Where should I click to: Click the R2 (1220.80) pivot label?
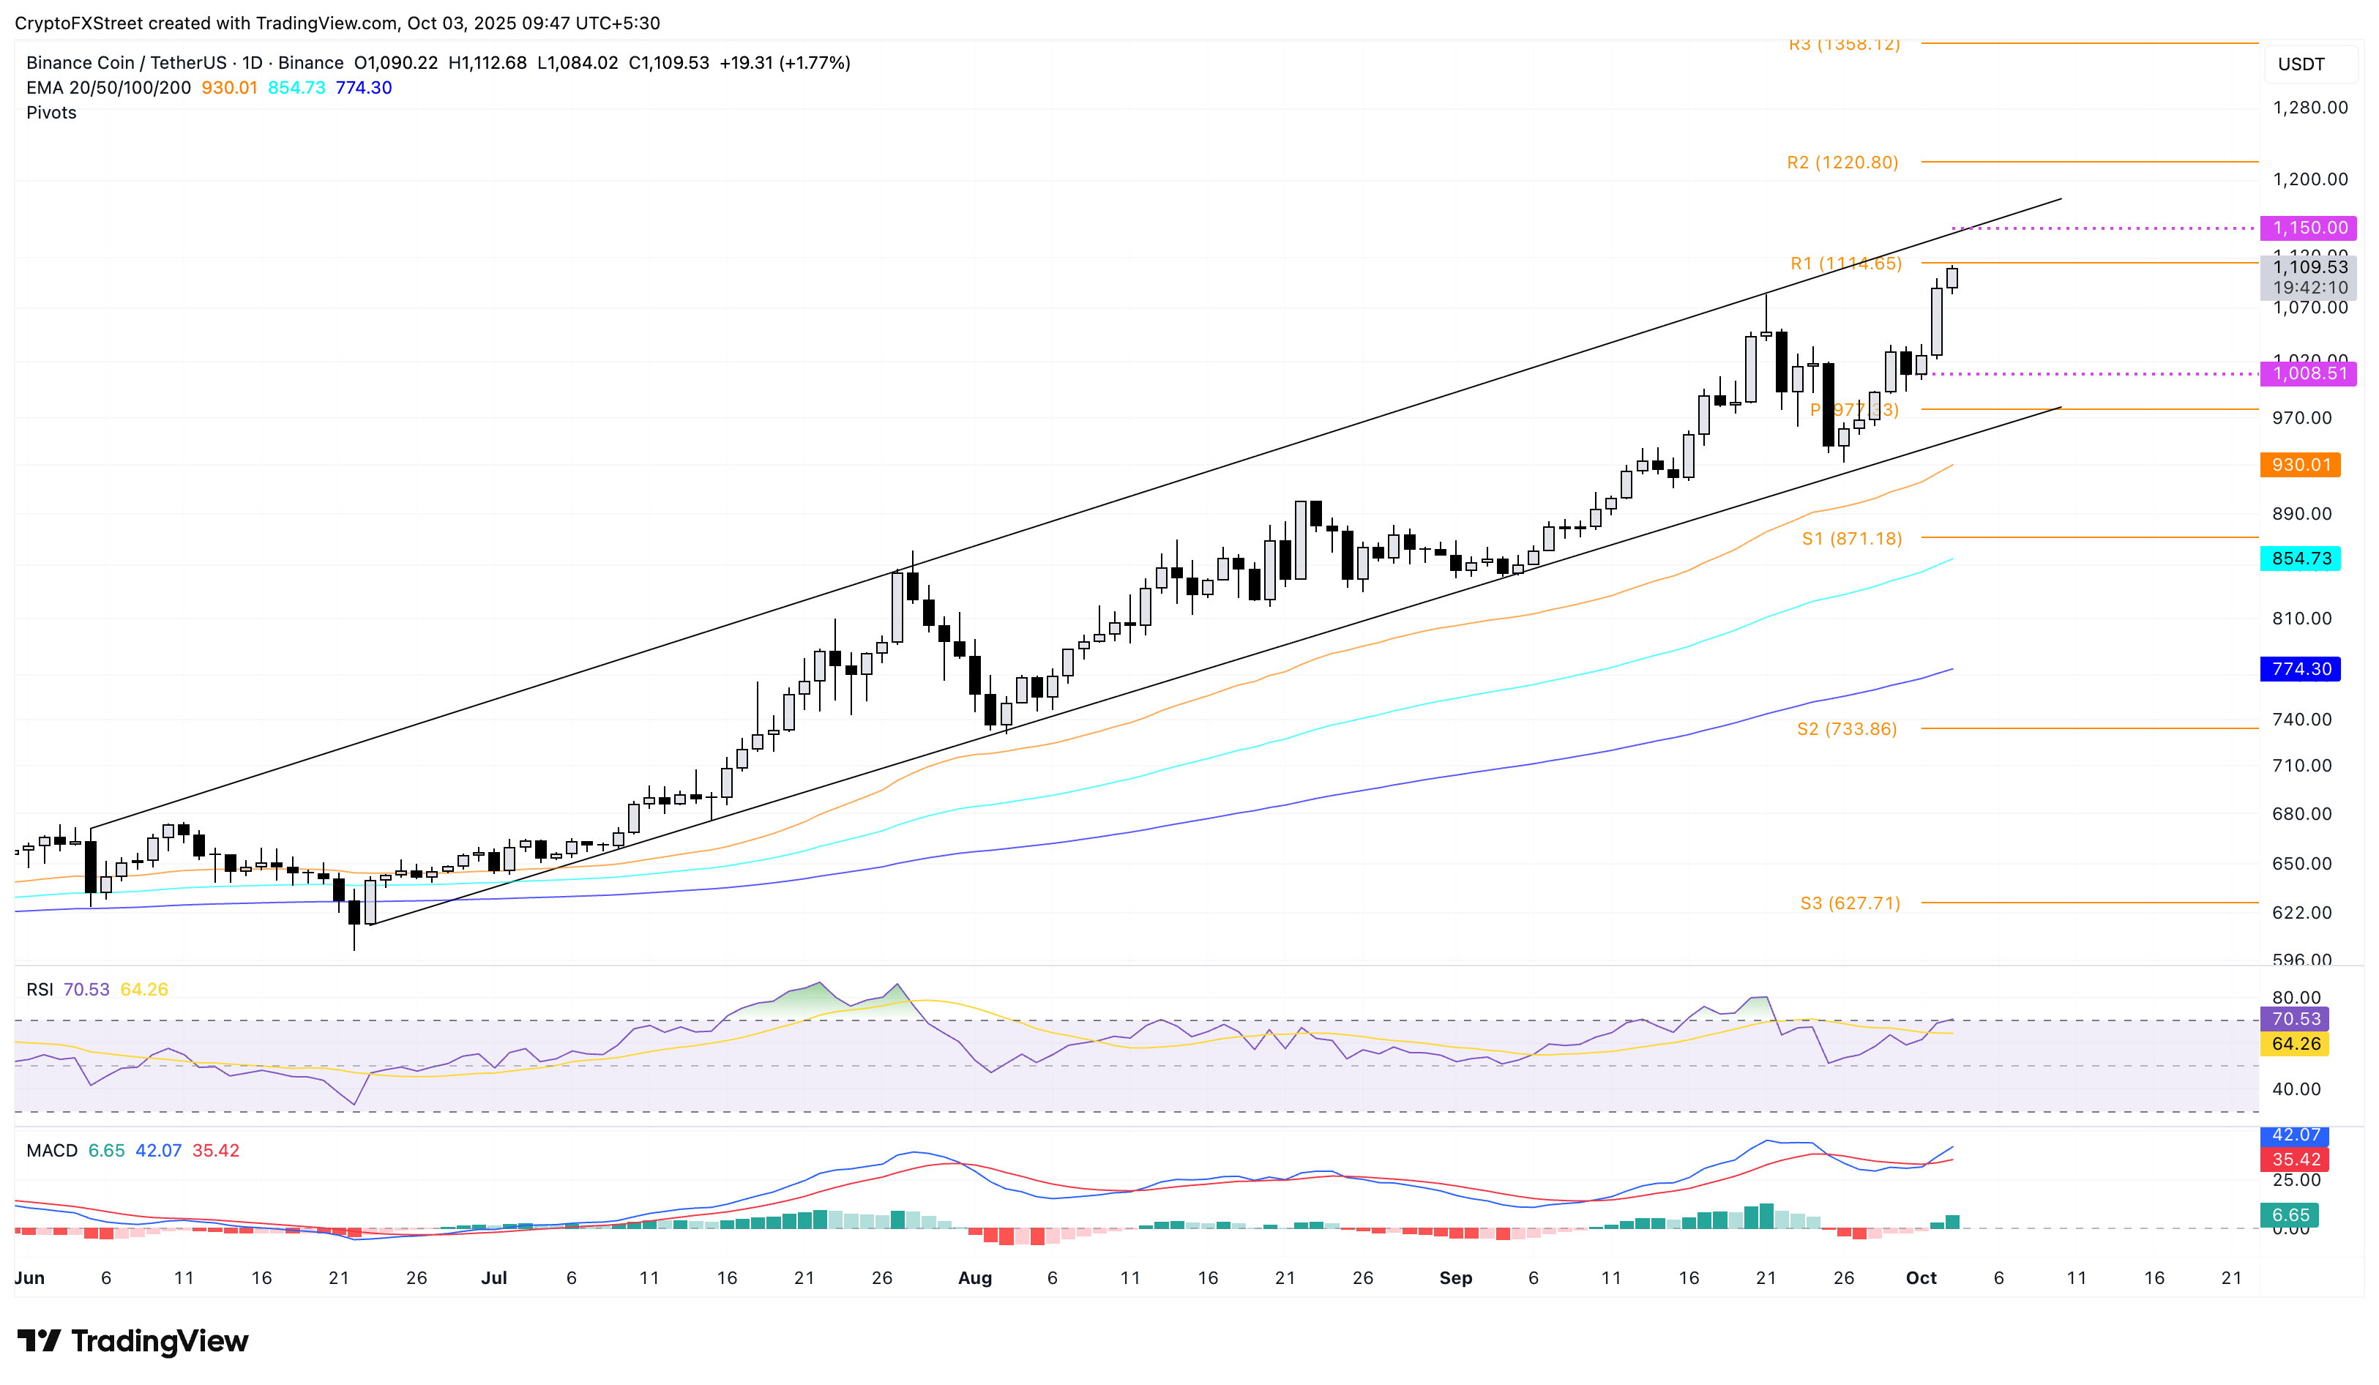tap(1841, 163)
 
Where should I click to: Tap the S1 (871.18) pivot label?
tap(1851, 538)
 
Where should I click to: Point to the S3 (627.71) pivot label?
tap(1849, 903)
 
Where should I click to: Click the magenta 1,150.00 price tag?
tap(2308, 228)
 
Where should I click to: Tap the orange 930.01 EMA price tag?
tap(2300, 465)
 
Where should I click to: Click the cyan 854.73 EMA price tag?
tap(2300, 559)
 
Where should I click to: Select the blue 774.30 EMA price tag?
tap(2300, 669)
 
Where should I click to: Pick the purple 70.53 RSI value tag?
tap(2294, 1019)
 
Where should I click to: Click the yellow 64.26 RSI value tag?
tap(2294, 1043)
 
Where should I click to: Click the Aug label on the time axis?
tap(974, 1277)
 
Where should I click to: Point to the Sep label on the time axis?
tap(1454, 1277)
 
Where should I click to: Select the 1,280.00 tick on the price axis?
tap(2309, 108)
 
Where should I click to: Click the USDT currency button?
tap(2301, 64)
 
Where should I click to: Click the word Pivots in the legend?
tap(51, 112)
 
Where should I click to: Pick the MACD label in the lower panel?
tap(52, 1150)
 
